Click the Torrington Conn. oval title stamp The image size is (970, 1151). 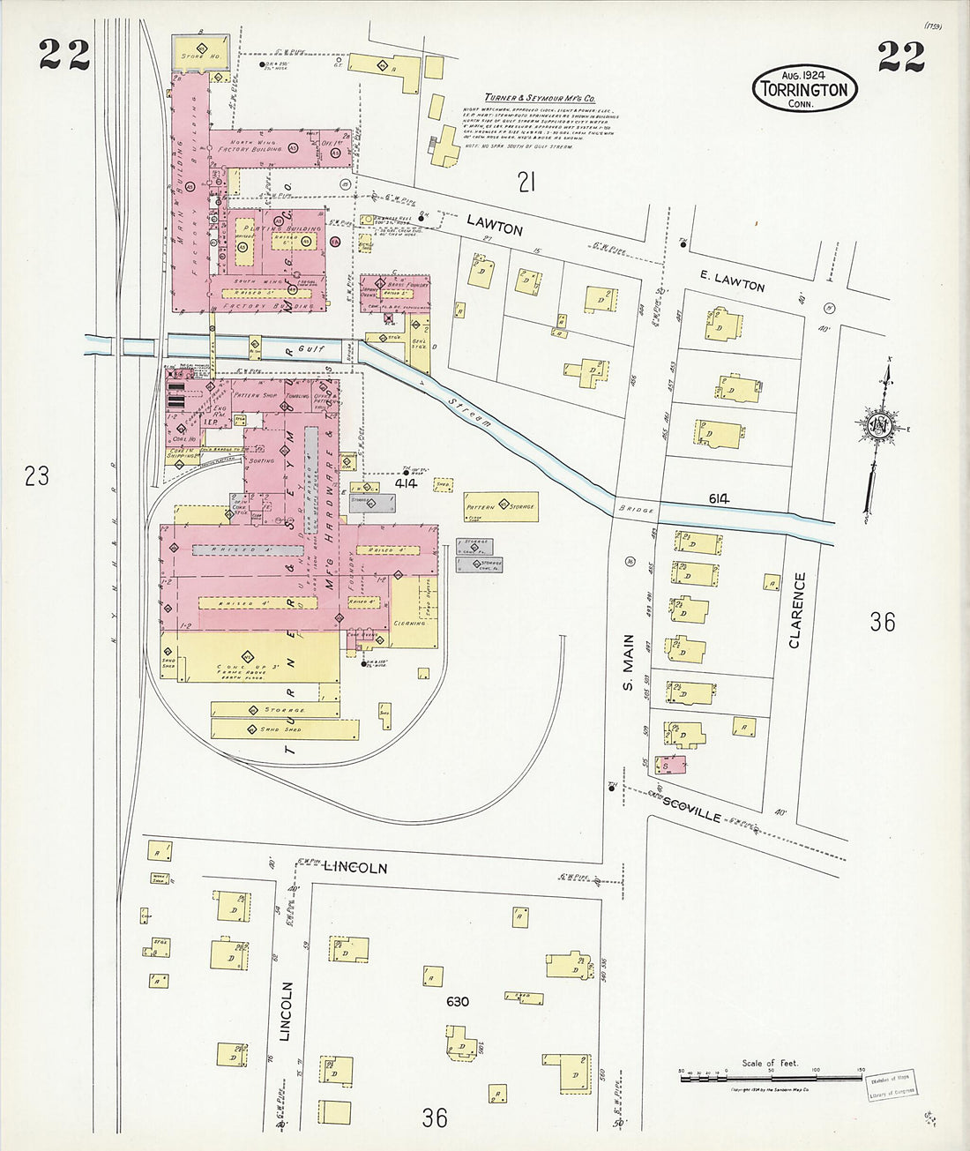tap(804, 89)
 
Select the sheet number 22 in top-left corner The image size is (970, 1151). tap(64, 55)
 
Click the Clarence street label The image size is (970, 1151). tap(797, 610)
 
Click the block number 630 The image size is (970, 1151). tap(458, 1002)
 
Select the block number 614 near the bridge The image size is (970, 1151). tap(719, 498)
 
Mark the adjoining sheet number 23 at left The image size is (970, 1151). tap(36, 476)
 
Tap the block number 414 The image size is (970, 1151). tap(406, 483)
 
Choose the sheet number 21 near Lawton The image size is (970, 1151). tap(526, 183)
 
